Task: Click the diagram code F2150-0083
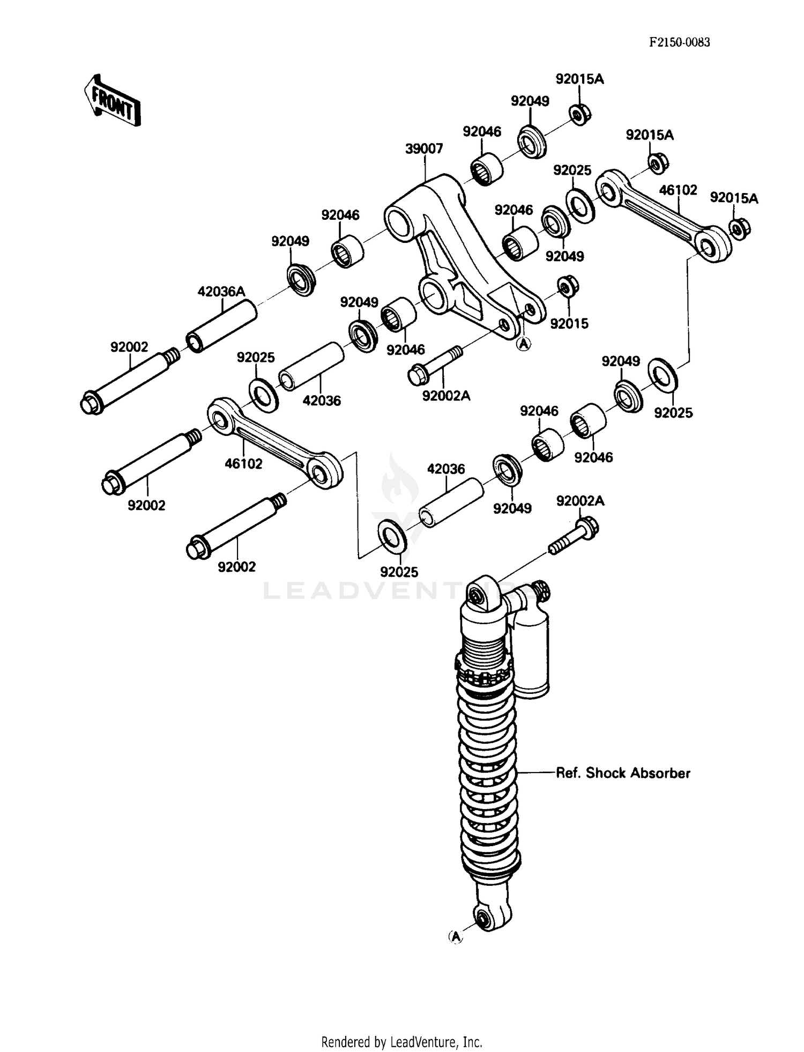coord(679,42)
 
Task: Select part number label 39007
coord(423,149)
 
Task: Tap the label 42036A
coord(221,292)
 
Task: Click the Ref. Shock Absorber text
coord(623,773)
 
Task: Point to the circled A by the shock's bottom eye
coord(455,937)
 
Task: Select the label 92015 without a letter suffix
coord(569,323)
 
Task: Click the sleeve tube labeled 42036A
coord(221,326)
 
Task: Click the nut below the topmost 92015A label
coord(580,114)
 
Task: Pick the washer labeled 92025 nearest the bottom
coord(392,537)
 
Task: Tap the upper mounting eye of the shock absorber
coord(477,595)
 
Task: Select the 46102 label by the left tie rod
coord(243,463)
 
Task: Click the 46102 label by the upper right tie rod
coord(678,190)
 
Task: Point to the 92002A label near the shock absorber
coord(580,501)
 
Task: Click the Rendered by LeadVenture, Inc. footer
coord(401,1042)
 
